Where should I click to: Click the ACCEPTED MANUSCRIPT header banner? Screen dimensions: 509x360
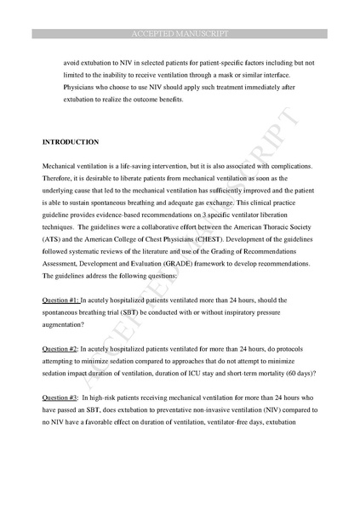[x=180, y=33]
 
